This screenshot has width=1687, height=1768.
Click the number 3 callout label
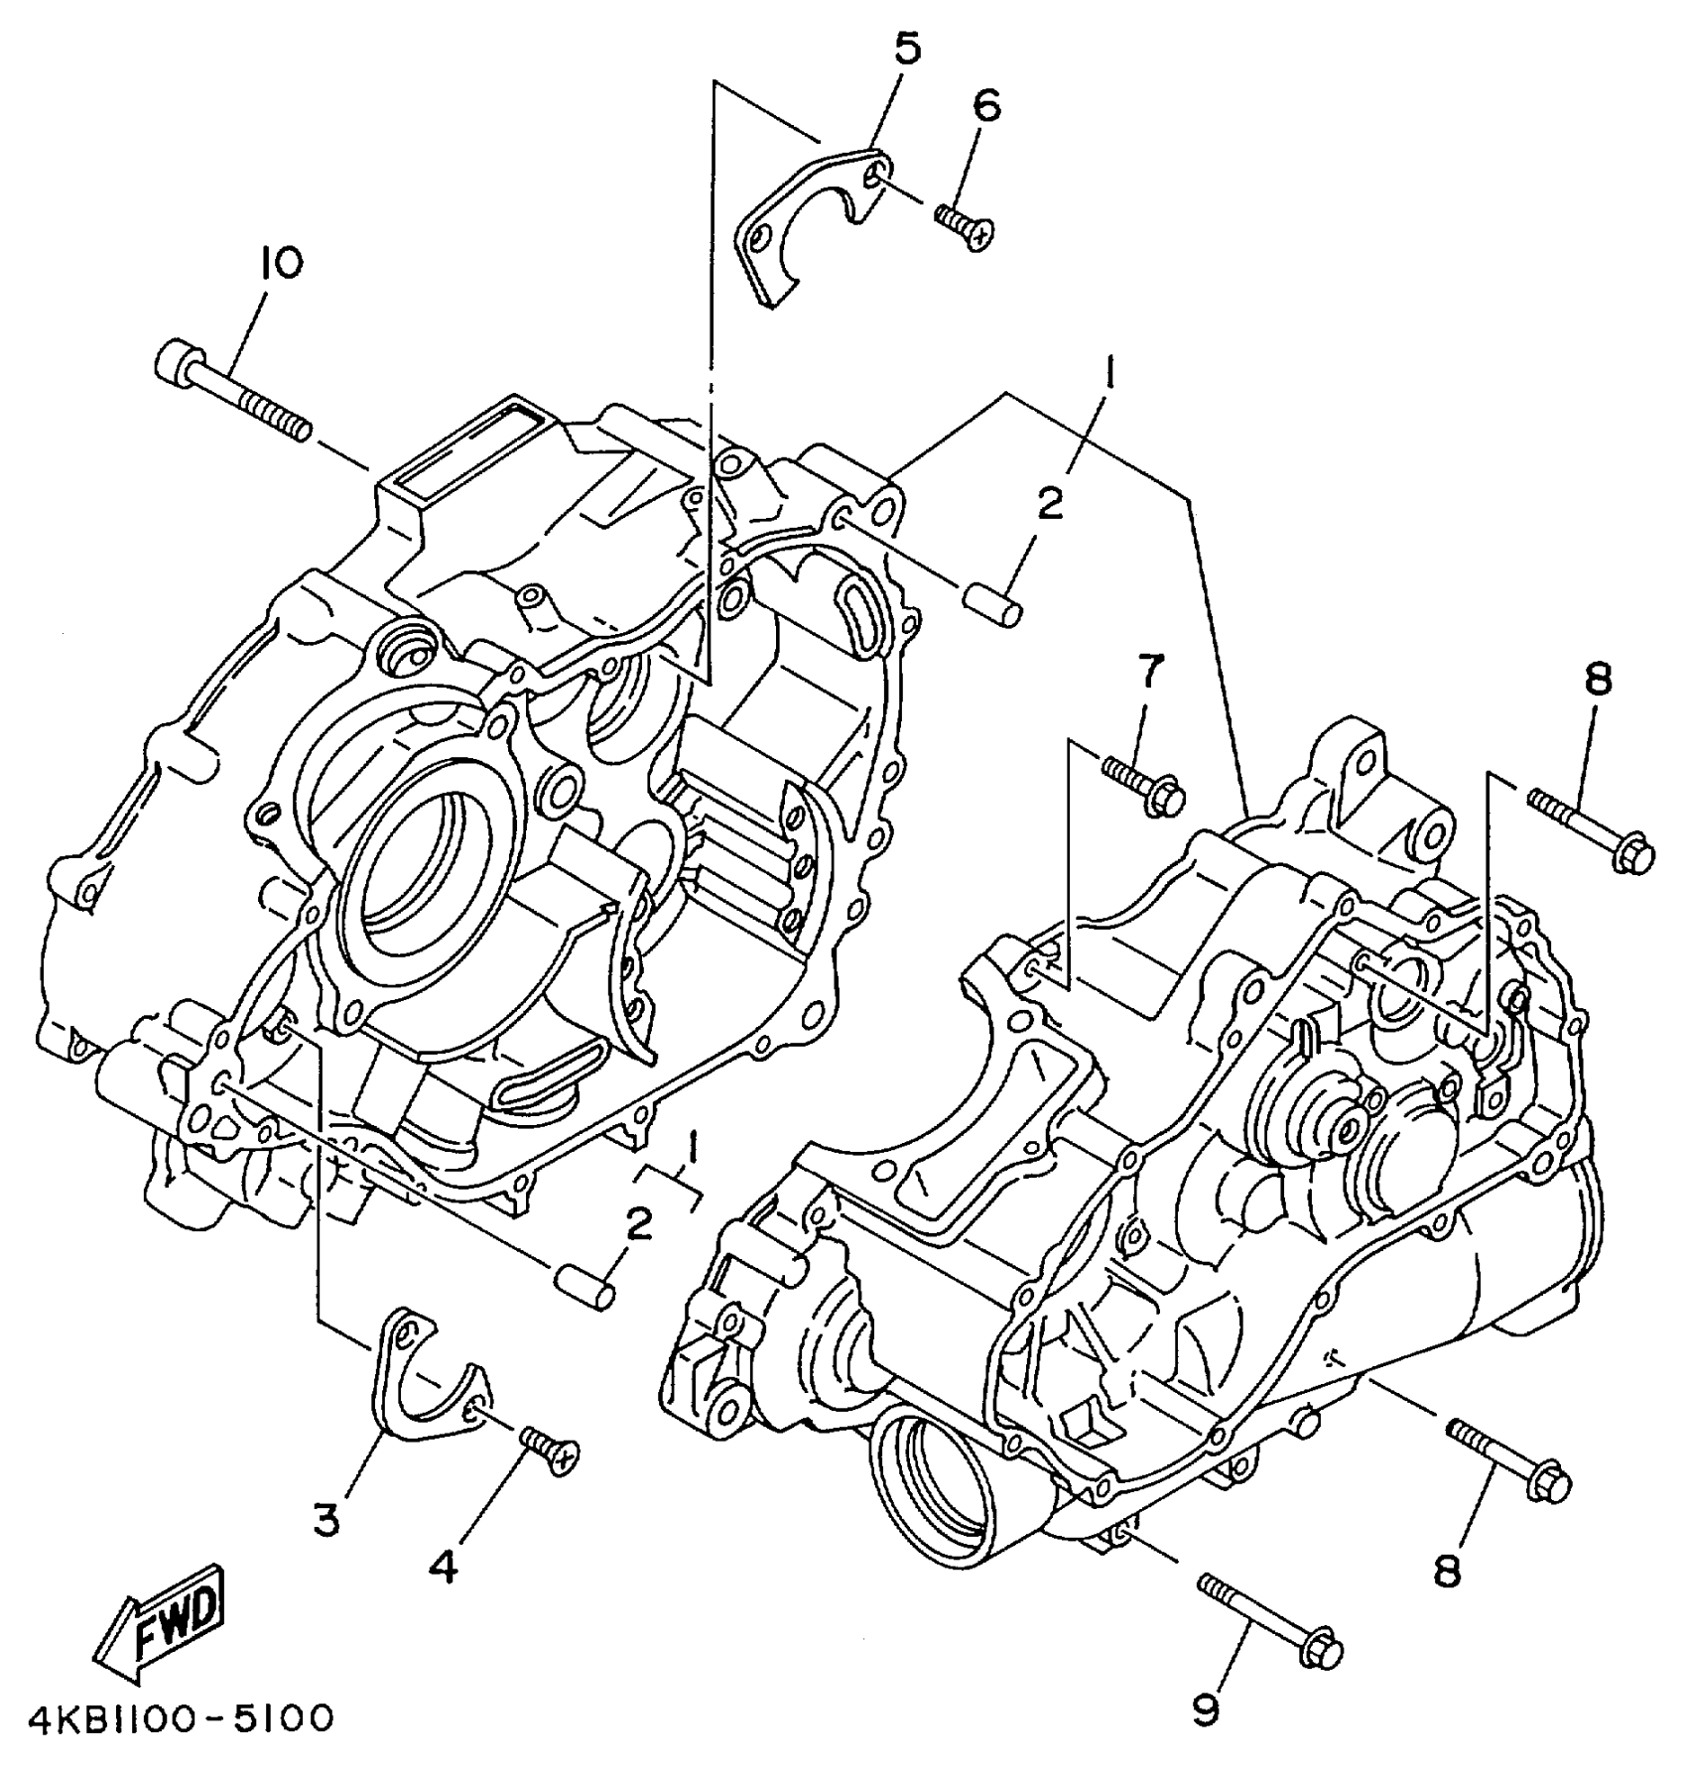[326, 1519]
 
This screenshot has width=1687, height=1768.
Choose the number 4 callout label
[445, 1567]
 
